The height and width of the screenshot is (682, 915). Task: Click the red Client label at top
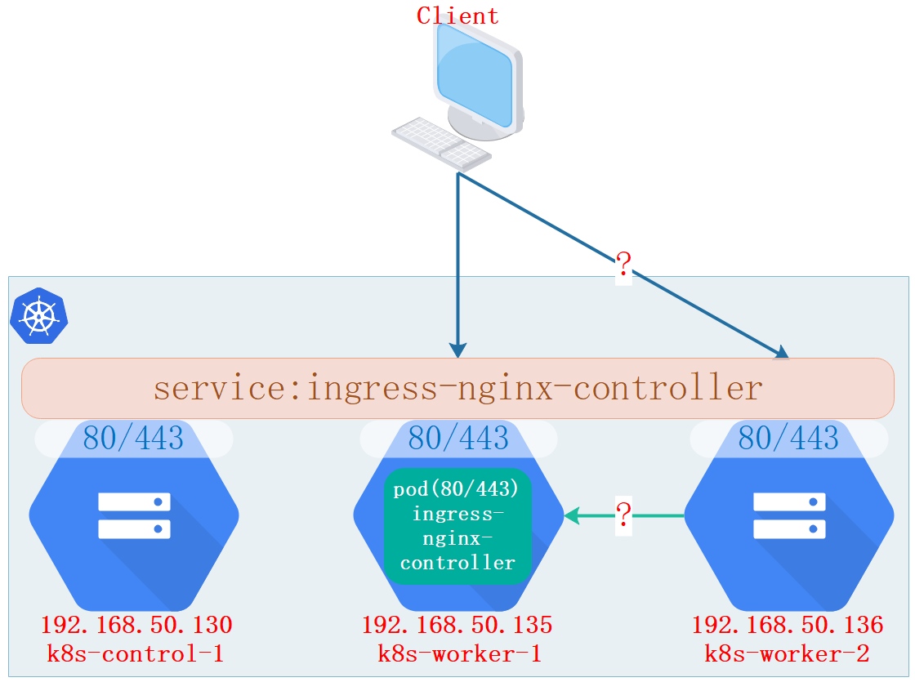click(x=457, y=16)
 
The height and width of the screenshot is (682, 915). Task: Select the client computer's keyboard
click(x=440, y=142)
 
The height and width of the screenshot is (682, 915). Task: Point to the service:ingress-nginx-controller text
click(x=457, y=388)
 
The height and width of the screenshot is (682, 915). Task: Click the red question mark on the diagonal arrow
click(x=623, y=264)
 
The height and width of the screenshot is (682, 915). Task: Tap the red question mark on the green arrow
click(x=623, y=515)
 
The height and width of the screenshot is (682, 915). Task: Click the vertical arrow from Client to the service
click(x=458, y=261)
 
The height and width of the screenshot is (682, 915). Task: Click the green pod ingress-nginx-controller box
click(x=457, y=527)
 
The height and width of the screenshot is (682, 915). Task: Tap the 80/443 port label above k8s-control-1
click(x=133, y=439)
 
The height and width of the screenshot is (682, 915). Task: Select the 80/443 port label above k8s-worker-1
click(x=458, y=439)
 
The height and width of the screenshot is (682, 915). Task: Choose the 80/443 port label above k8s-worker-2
click(x=788, y=439)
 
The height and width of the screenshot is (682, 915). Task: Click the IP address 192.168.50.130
click(x=136, y=626)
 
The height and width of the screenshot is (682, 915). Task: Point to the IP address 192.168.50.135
click(x=457, y=626)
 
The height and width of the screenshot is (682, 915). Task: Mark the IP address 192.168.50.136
click(x=788, y=626)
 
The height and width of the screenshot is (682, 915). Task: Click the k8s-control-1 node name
click(x=136, y=654)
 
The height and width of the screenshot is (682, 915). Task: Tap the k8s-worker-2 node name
click(x=788, y=654)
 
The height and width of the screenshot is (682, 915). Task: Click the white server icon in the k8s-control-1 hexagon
click(x=134, y=515)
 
